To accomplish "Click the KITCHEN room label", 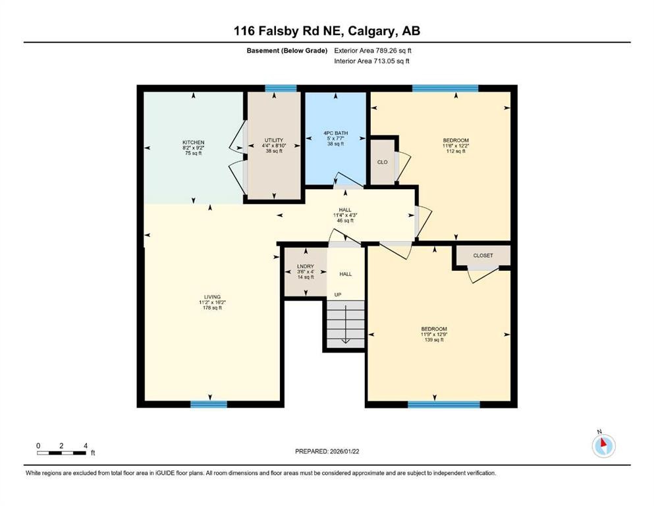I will [194, 142].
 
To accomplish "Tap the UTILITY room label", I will [274, 140].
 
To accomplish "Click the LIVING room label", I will [212, 297].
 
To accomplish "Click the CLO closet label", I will [382, 161].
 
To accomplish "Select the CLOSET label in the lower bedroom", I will [483, 256].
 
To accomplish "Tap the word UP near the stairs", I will [339, 295].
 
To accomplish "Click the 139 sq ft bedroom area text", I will [433, 340].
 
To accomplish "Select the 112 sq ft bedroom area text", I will [456, 151].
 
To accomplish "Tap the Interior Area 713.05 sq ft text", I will [372, 61].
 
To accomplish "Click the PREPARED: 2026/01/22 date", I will [326, 451].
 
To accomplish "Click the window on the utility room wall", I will [277, 88].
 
